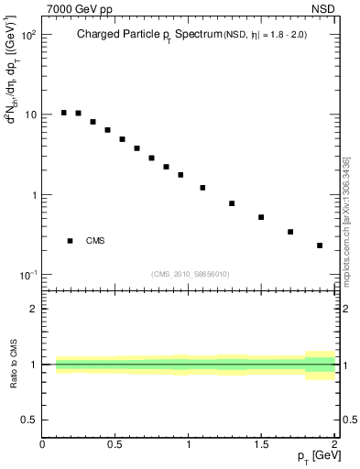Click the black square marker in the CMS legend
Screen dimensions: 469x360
pyautogui.click(x=70, y=241)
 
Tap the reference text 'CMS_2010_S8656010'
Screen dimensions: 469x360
pyautogui.click(x=191, y=273)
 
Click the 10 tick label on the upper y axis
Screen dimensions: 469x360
pyautogui.click(x=30, y=115)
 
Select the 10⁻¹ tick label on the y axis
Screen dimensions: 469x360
pyautogui.click(x=27, y=276)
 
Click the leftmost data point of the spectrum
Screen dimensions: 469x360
pyautogui.click(x=63, y=113)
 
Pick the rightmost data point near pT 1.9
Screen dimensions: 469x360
pyautogui.click(x=320, y=245)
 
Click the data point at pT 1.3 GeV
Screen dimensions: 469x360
pyautogui.click(x=232, y=203)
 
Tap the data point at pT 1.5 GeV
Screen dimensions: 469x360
pyautogui.click(x=261, y=217)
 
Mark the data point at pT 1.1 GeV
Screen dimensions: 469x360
pyautogui.click(x=202, y=188)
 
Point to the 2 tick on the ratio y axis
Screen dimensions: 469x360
pyautogui.click(x=33, y=309)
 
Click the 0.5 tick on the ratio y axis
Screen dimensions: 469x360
pyautogui.click(x=28, y=420)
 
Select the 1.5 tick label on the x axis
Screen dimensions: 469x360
pyautogui.click(x=261, y=444)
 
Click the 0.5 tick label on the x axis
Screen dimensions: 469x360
pyautogui.click(x=115, y=444)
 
